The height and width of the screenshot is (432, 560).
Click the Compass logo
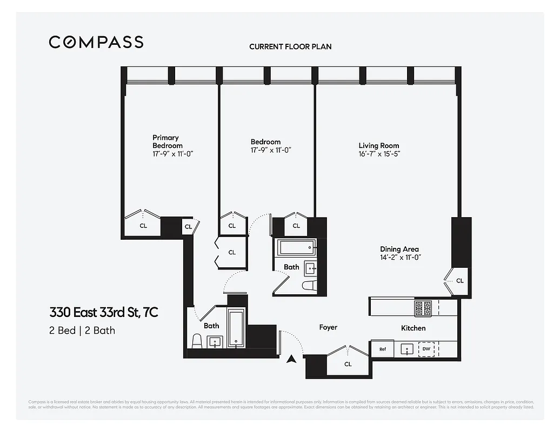click(96, 42)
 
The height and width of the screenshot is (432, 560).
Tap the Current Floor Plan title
click(290, 46)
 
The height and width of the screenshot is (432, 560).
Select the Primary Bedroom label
click(167, 141)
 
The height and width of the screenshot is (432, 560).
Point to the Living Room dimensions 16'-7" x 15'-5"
click(379, 154)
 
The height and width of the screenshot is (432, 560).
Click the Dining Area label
click(399, 249)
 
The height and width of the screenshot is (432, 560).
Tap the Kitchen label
click(413, 328)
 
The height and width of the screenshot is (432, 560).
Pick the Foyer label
click(328, 327)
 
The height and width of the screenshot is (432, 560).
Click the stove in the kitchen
click(423, 308)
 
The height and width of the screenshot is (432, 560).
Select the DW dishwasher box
click(426, 349)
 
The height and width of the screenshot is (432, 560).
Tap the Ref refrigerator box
click(383, 349)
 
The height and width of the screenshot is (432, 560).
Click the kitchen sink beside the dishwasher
click(406, 349)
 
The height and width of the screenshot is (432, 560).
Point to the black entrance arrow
click(291, 359)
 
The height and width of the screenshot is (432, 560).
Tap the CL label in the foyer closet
click(348, 364)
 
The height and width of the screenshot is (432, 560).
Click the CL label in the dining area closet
click(459, 281)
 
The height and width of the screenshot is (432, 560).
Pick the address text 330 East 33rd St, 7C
click(104, 313)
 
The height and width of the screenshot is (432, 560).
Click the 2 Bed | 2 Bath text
click(82, 330)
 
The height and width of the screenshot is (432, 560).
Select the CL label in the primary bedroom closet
click(143, 226)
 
